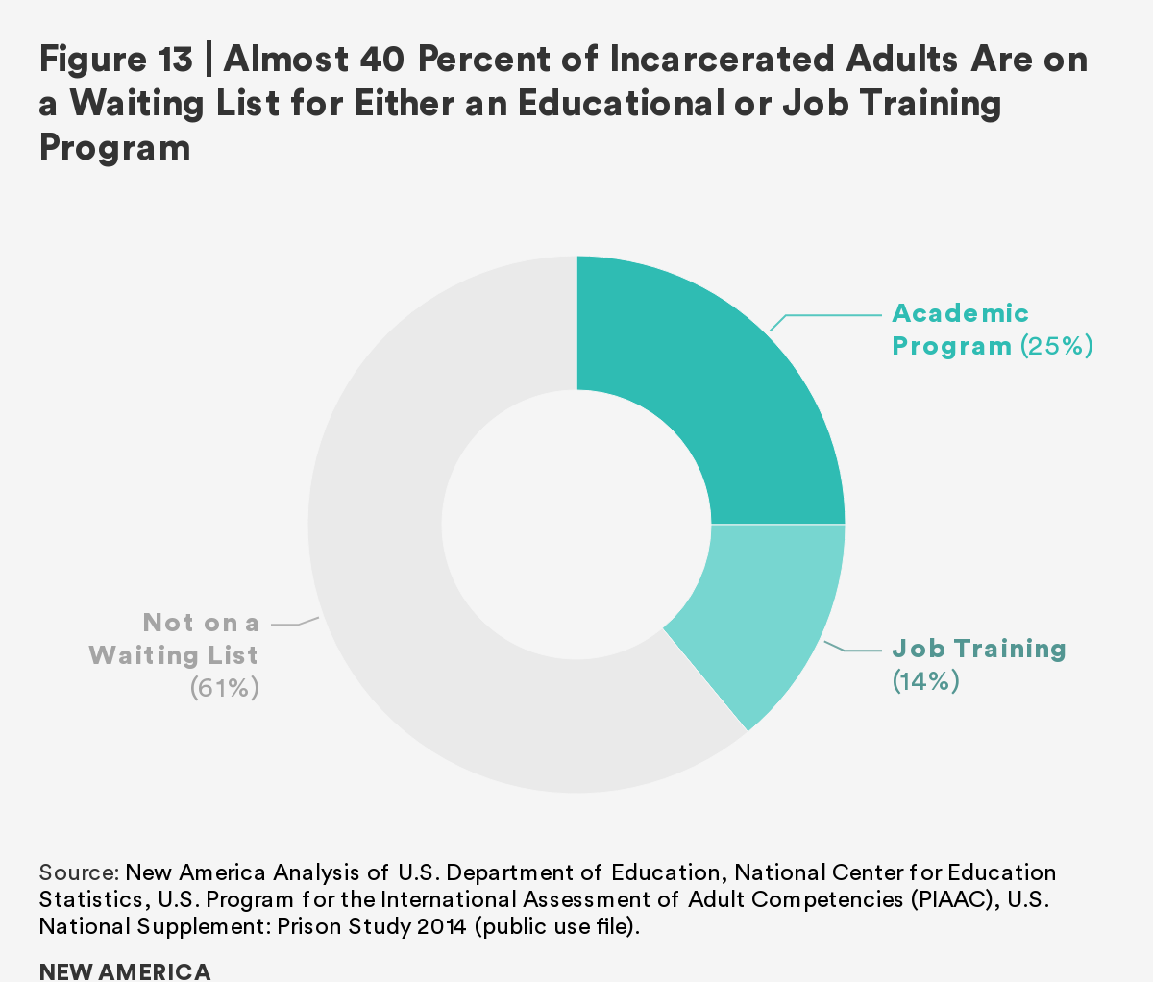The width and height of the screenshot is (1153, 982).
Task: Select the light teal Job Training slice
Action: point(759,615)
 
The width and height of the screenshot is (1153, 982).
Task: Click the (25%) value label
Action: point(1056,346)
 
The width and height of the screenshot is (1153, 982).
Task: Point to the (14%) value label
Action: point(926,682)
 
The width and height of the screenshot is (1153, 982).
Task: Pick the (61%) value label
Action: point(225,689)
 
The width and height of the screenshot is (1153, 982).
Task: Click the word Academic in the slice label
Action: point(960,313)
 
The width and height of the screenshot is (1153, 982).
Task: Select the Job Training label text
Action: point(979,649)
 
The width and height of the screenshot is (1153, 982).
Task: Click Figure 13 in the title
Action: point(115,61)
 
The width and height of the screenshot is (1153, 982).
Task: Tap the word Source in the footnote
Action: point(78,872)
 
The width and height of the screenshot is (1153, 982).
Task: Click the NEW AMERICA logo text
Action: point(125,970)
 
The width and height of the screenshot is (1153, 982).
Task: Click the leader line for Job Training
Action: point(850,651)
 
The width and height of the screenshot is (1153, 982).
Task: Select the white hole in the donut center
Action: point(576,525)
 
